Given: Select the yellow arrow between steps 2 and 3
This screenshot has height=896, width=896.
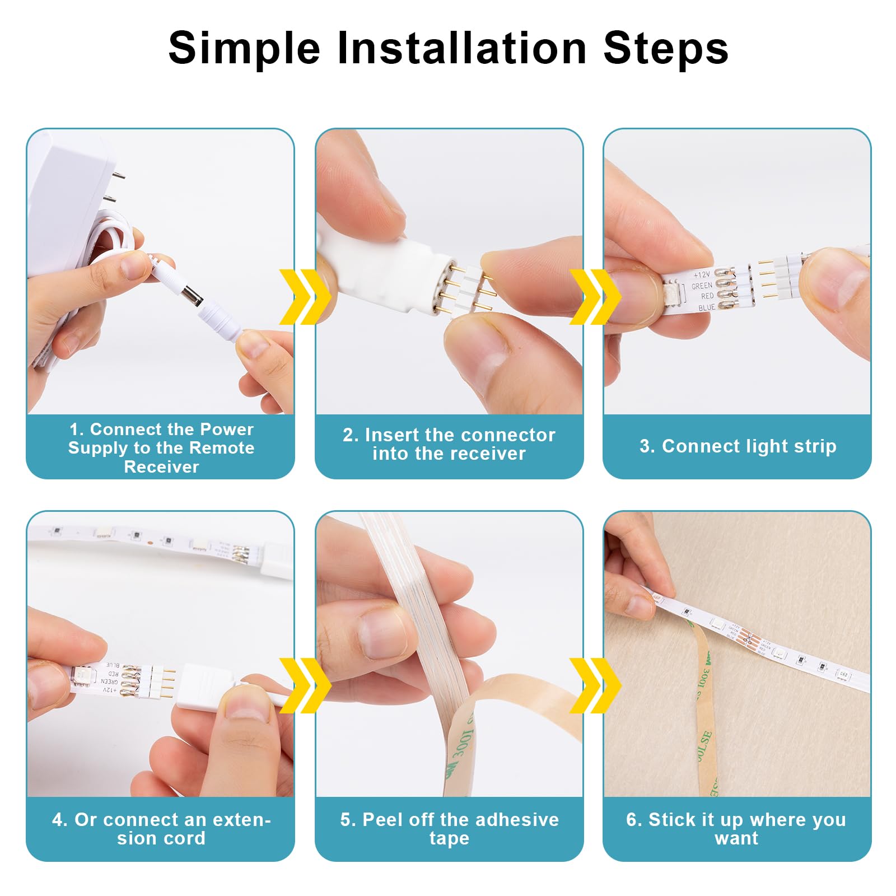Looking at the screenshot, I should coord(594,296).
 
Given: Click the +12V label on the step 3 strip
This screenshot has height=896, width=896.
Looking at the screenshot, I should coord(702,275).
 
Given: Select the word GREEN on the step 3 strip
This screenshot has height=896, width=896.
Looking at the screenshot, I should coord(702,286).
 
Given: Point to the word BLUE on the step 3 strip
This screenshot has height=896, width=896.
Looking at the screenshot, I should coord(706,307).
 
